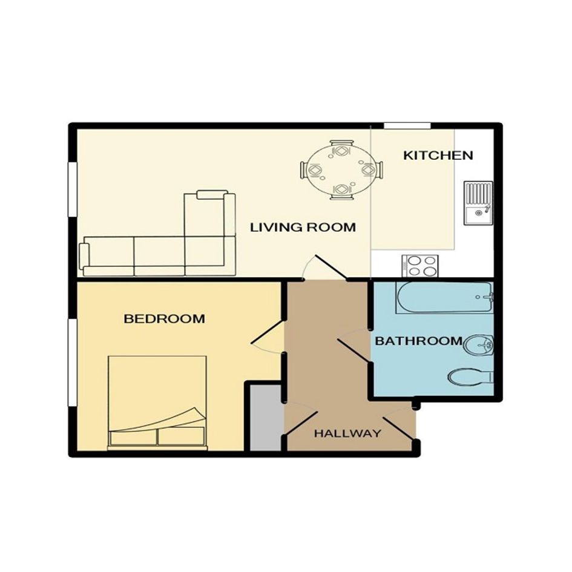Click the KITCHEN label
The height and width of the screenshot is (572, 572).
coord(438,156)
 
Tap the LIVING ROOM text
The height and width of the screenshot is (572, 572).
coord(303,227)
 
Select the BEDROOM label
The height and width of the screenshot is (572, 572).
coord(164,319)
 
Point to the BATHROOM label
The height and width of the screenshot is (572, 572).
coord(419,341)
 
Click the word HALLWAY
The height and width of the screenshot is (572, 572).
coord(347,433)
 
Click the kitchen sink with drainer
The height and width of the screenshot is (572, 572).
coord(478,203)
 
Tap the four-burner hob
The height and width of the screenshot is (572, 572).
coord(420,266)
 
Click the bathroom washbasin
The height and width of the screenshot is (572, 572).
coord(479,345)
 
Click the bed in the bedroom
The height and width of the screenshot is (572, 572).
coord(157,403)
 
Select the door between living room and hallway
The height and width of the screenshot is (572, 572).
coord(331,268)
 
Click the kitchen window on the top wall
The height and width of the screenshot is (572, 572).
coord(407,126)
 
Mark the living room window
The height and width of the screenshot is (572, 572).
coord(73,189)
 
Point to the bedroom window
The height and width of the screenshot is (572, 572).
coord(73,362)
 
